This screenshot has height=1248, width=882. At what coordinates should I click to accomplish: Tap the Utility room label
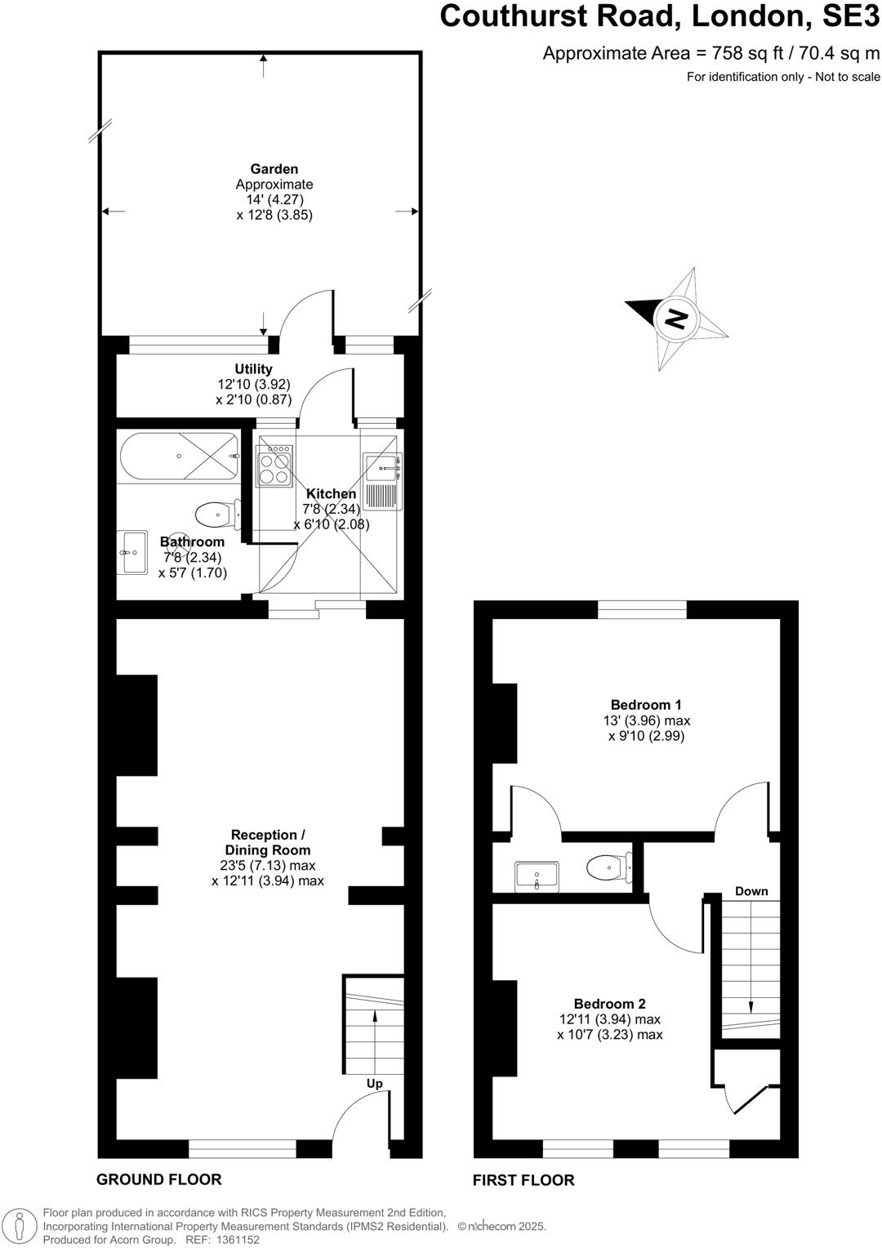[253, 369]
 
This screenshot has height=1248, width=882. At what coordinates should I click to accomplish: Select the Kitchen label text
[331, 494]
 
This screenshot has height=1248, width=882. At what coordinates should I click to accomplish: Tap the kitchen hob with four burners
[274, 465]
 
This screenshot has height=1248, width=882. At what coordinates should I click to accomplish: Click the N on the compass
[675, 318]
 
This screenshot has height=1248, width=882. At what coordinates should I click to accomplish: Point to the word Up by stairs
[374, 1084]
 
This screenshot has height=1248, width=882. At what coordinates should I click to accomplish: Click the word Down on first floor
[751, 891]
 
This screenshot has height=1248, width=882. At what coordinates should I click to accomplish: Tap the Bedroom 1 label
[646, 705]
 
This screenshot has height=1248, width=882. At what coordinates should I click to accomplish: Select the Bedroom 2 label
[609, 1004]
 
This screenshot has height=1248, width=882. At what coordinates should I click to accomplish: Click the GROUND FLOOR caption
[158, 1179]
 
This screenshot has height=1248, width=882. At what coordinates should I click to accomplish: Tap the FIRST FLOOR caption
[523, 1180]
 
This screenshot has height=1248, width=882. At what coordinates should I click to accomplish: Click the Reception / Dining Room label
[268, 842]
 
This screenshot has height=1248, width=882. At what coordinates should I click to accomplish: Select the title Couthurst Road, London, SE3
[660, 16]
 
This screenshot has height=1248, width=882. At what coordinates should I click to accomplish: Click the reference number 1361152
[234, 1240]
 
